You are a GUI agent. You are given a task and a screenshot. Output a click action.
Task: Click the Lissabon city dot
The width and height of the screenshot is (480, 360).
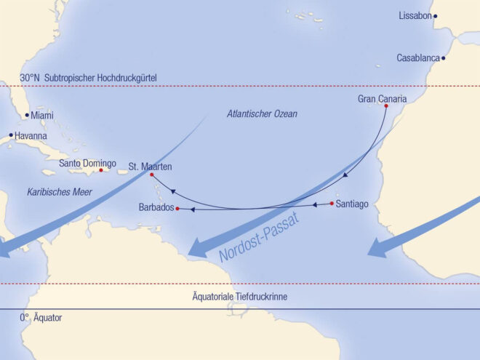[436, 16]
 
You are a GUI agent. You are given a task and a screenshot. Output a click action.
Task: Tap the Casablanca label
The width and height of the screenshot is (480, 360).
[418, 58]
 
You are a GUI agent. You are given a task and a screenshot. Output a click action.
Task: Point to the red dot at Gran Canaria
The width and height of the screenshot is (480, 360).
[385, 106]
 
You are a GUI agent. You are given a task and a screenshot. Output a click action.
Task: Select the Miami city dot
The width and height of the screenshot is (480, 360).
[27, 115]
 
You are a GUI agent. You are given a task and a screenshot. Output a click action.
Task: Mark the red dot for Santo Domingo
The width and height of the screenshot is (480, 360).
[101, 171]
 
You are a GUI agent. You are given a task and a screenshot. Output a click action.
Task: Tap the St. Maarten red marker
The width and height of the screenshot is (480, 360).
[151, 175]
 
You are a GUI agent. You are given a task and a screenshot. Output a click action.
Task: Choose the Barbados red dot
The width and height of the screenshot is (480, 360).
[177, 209]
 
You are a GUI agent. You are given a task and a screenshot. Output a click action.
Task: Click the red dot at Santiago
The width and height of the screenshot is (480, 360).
[332, 203]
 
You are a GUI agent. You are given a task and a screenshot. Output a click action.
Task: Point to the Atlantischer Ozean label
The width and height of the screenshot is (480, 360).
[262, 114]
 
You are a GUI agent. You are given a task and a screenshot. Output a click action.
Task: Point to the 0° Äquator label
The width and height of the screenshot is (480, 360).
[41, 318]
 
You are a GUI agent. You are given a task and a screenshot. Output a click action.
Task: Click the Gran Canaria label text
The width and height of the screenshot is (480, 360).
[382, 98]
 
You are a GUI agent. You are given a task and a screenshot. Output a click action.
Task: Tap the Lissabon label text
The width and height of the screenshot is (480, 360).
[415, 16]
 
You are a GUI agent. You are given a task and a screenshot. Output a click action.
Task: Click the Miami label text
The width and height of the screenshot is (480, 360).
[42, 115]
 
